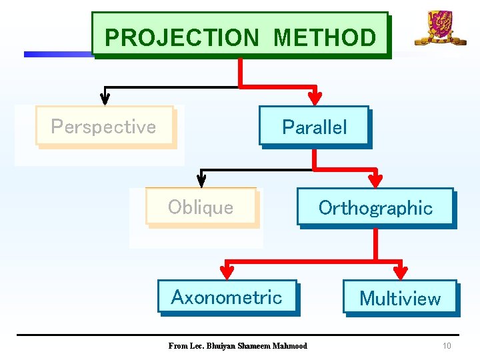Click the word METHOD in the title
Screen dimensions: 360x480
[325, 37]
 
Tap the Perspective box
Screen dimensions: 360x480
[104, 126]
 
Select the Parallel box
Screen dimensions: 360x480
[314, 127]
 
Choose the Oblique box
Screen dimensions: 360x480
[201, 207]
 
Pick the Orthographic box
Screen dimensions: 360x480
[375, 207]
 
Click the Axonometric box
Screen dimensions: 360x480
[227, 297]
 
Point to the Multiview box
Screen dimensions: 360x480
[400, 298]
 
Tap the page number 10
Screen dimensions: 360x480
[447, 346]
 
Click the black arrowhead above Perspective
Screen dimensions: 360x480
[105, 98]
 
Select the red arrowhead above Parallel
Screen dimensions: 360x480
[316, 98]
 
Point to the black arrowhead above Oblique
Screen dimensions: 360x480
[201, 179]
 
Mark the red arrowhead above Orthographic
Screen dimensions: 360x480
[376, 179]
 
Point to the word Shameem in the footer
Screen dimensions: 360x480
[254, 346]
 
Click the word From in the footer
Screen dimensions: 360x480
[177, 346]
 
